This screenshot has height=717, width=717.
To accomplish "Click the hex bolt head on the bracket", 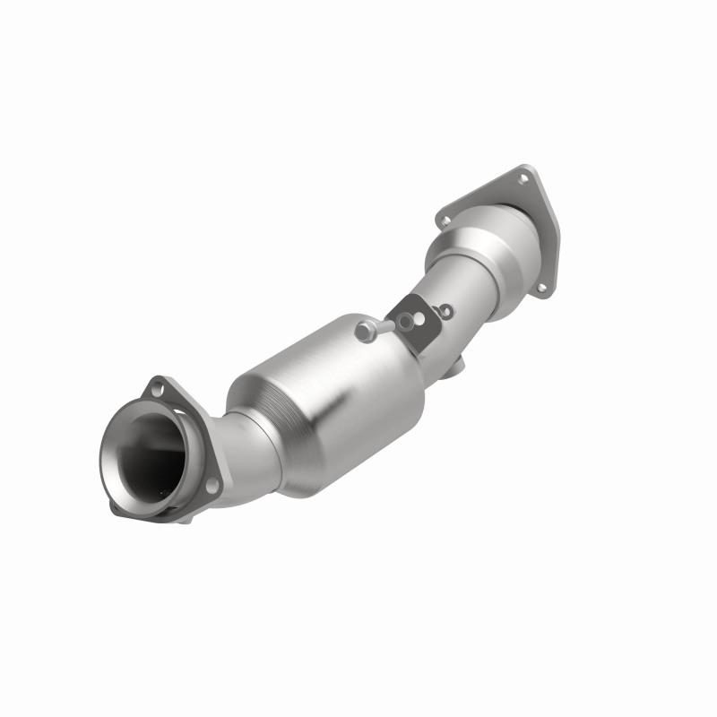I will [x=364, y=332].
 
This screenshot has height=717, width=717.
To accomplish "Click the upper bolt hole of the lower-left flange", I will [x=158, y=389].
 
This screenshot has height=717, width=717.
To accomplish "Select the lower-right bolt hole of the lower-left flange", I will [x=212, y=485].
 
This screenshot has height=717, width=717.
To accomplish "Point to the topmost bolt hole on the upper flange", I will [x=523, y=178].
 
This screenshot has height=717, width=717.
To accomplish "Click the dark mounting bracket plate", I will [x=414, y=330].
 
